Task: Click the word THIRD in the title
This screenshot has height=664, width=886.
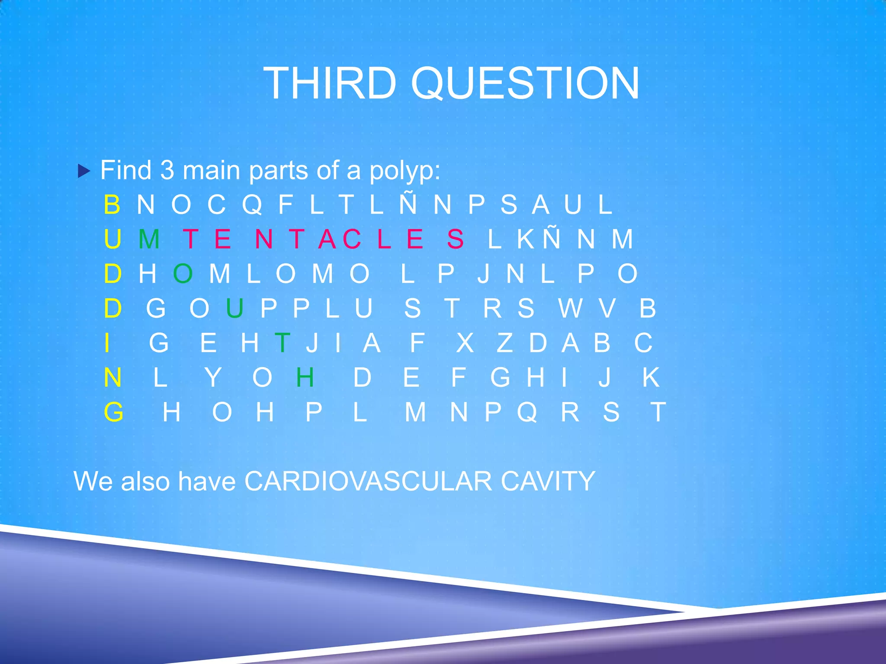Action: (330, 83)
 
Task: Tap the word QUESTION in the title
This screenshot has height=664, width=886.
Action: (525, 84)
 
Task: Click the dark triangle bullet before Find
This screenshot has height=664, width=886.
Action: (84, 172)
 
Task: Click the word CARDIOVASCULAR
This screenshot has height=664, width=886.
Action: (368, 481)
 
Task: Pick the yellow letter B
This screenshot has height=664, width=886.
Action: (112, 204)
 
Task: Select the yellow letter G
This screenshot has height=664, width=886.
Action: (113, 412)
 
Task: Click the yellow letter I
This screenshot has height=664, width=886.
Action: (107, 343)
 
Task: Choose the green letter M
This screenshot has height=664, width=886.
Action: (149, 239)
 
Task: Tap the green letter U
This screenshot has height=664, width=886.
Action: (234, 308)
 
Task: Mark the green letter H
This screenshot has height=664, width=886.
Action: (305, 377)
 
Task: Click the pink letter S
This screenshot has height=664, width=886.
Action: (455, 239)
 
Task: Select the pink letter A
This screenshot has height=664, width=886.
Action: (327, 239)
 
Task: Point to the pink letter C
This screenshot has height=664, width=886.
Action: (352, 239)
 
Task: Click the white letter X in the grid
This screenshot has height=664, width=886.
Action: (465, 343)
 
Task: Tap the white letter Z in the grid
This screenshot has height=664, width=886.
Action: (504, 343)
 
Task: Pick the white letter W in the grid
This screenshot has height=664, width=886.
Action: (570, 308)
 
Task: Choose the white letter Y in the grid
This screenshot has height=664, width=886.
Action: (213, 377)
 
